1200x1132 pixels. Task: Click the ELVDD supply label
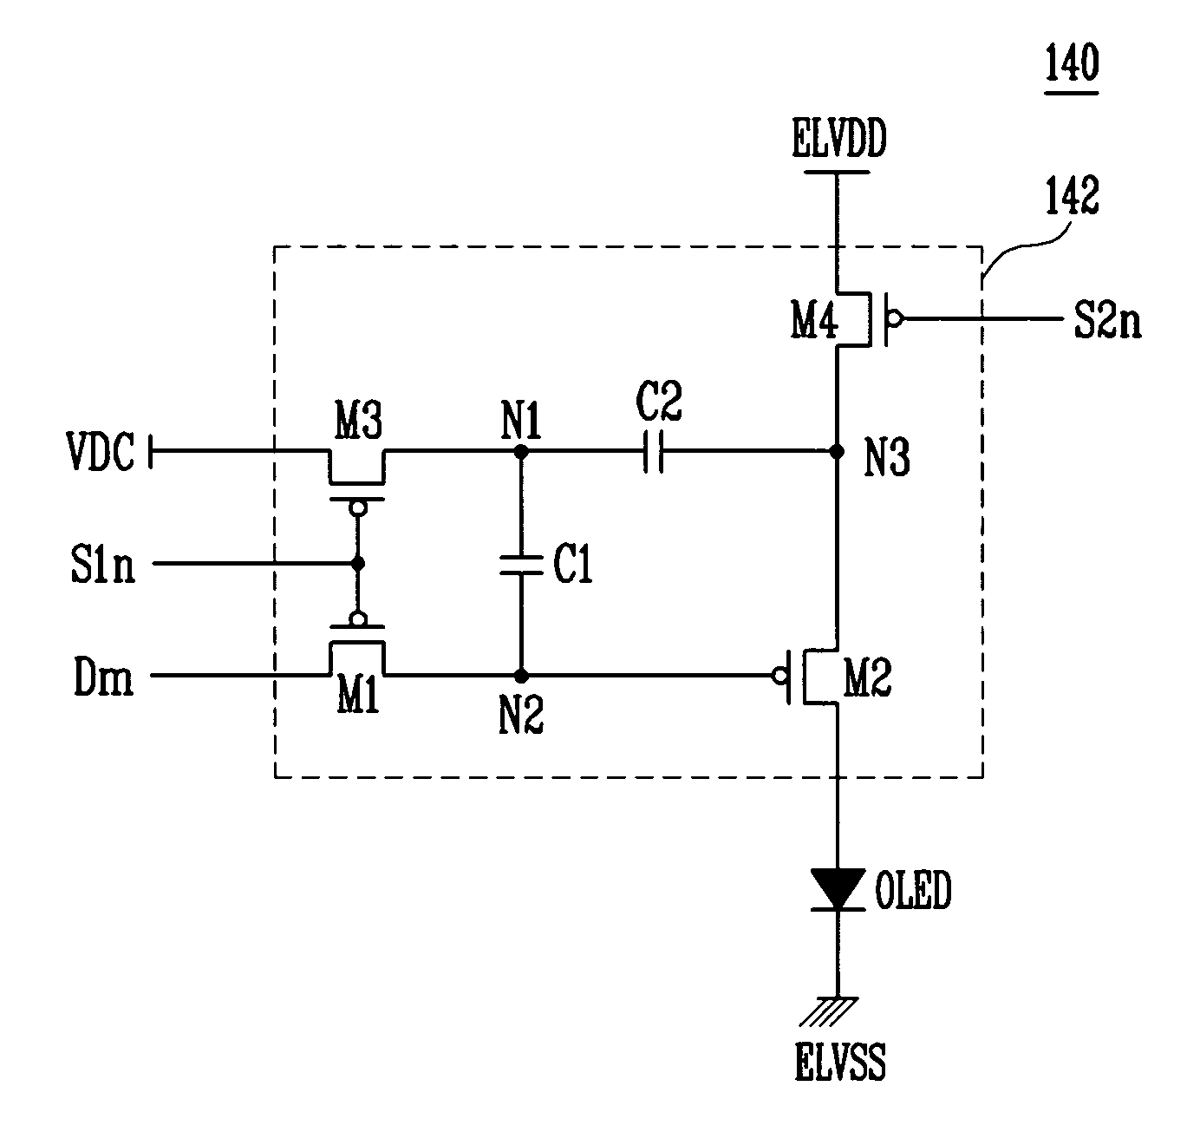pos(838,138)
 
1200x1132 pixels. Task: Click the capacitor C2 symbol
pos(653,451)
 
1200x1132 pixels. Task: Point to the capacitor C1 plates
pos(521,565)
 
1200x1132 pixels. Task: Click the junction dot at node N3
pos(837,451)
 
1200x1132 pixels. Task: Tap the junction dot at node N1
pos(521,451)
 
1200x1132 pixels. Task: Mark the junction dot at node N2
pos(521,676)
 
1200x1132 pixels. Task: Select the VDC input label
pos(101,452)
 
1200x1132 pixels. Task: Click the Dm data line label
pos(103,677)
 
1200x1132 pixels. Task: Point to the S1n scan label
pos(102,565)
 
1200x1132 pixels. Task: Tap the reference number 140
pos(1072,62)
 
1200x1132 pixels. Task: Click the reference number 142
pos(1072,195)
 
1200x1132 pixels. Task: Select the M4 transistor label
pos(814,320)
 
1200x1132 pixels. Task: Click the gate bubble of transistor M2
pos(779,676)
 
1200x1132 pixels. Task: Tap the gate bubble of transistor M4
pos(895,318)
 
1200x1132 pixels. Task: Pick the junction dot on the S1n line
pos(358,564)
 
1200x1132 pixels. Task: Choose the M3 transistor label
pos(358,420)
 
